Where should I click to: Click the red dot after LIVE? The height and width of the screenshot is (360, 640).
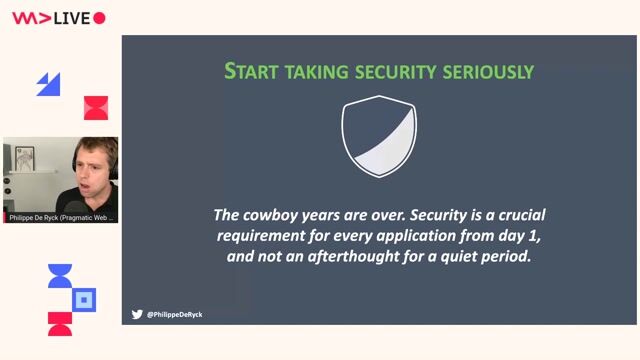tap(99, 18)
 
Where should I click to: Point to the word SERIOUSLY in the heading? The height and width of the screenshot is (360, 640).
tap(490, 71)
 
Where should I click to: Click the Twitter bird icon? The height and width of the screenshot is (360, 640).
tap(137, 314)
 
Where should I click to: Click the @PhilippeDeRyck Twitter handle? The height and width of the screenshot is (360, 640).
tap(174, 314)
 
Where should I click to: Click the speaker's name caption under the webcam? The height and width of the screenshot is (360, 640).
tap(61, 217)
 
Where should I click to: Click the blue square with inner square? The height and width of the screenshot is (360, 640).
tap(85, 298)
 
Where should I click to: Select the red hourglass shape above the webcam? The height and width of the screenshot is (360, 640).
tap(95, 108)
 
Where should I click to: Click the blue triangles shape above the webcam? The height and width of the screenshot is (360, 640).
tap(49, 85)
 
